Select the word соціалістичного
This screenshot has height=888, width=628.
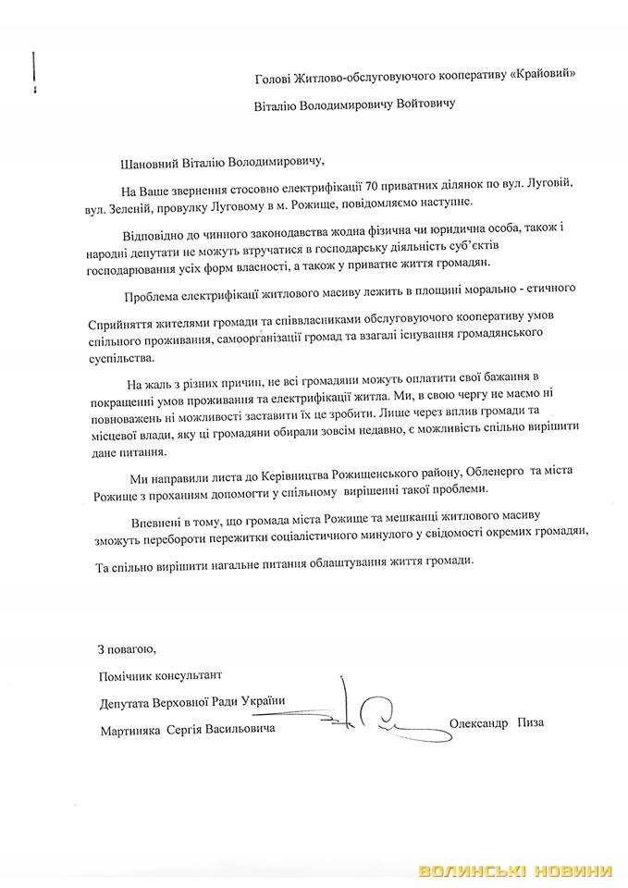(332, 534)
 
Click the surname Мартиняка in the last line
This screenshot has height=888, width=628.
(129, 730)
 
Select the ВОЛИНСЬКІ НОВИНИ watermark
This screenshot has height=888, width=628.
(515, 871)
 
